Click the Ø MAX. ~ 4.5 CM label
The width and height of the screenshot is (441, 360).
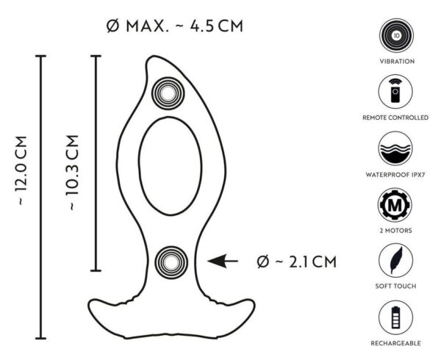pos(173,28)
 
